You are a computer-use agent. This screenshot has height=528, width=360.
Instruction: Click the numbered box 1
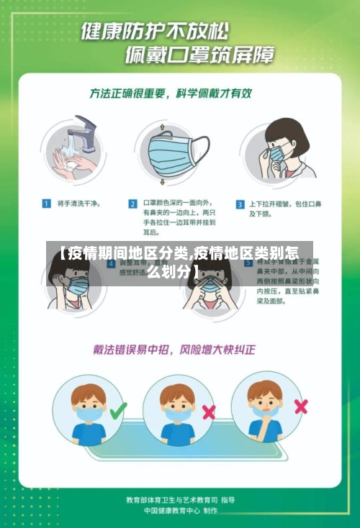click(45, 204)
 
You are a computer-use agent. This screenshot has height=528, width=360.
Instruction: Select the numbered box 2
click(132, 204)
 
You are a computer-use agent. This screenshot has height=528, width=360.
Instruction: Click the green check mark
click(117, 411)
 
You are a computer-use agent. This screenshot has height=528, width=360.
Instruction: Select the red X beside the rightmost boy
click(301, 406)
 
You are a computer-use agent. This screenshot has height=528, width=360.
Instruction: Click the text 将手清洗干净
click(78, 204)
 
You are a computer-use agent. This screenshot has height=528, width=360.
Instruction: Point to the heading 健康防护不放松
click(155, 32)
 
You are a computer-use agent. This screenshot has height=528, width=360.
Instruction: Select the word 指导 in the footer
click(228, 499)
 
